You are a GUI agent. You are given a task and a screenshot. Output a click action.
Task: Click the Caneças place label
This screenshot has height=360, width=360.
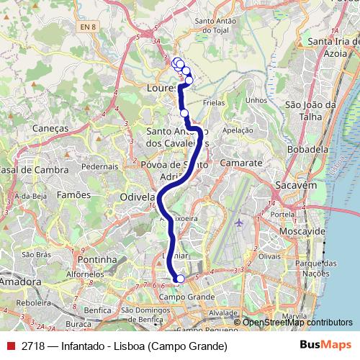50,127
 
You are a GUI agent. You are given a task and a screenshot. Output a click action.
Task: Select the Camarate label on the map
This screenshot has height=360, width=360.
241,163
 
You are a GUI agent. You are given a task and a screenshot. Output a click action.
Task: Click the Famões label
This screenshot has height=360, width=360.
73,194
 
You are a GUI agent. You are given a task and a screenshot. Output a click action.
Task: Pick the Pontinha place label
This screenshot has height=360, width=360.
96,259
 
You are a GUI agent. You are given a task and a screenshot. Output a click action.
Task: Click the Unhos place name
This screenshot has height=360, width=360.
256,100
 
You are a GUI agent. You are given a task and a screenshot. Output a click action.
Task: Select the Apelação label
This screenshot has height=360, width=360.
239,130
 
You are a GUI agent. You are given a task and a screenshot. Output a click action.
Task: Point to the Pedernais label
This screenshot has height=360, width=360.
99,166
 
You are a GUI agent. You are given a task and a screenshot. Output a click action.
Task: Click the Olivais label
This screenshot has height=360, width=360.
269,256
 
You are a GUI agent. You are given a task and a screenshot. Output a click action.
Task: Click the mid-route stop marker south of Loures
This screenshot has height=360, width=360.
184,113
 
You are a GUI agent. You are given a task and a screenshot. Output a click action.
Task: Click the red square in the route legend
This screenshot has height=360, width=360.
11,346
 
